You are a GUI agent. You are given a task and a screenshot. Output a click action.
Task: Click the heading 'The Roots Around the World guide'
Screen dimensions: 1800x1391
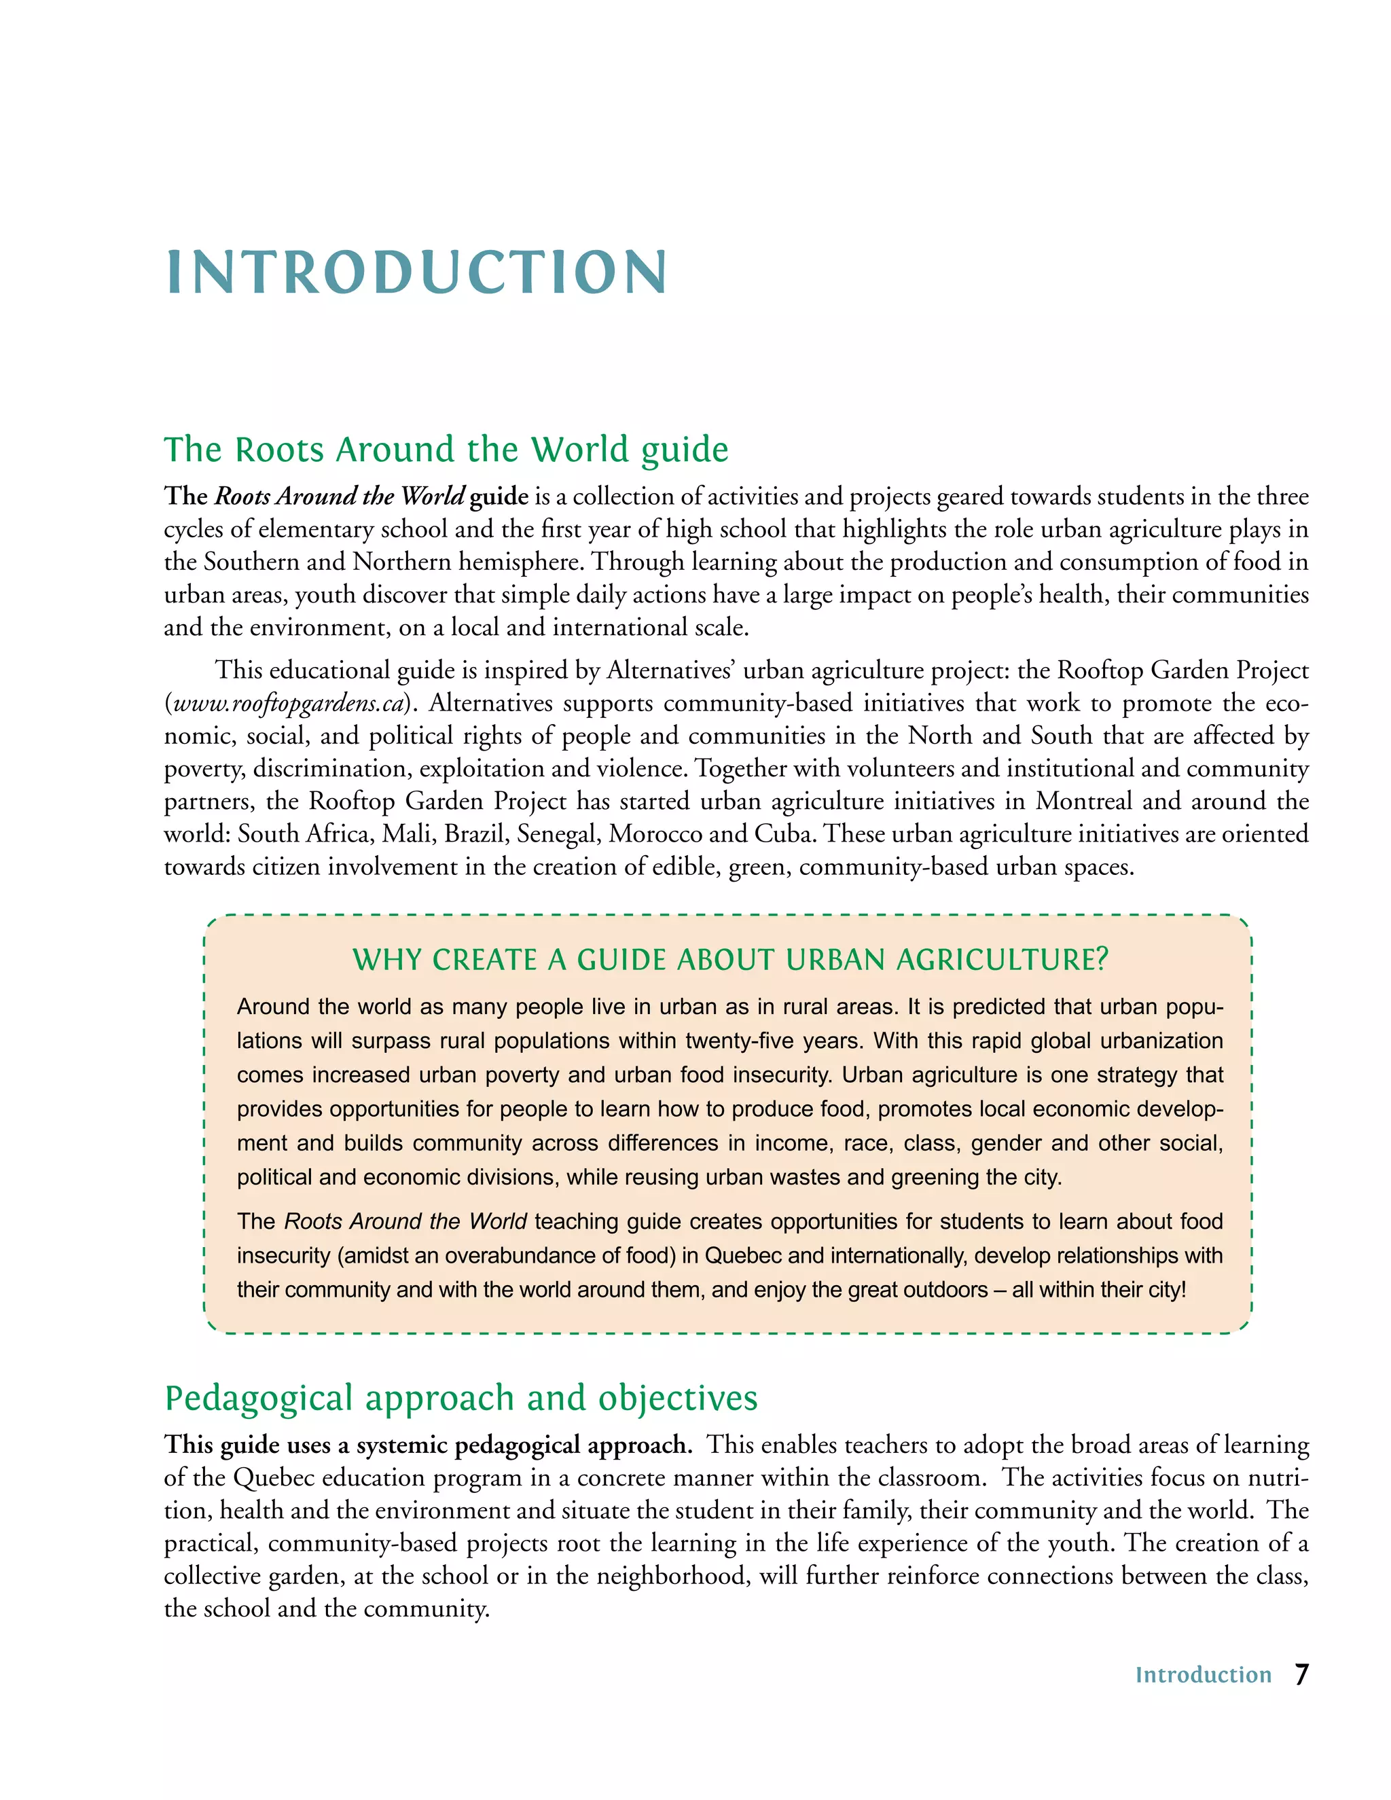coord(446,450)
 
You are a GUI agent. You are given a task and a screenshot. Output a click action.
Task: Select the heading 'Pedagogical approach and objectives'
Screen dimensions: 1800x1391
coord(460,1399)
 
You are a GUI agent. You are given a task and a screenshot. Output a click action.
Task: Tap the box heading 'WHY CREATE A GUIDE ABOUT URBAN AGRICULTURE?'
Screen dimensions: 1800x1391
coord(730,960)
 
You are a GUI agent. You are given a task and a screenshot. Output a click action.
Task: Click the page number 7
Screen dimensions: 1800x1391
coord(1301,1675)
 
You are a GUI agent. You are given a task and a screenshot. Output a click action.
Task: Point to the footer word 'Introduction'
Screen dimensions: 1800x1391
coord(1203,1676)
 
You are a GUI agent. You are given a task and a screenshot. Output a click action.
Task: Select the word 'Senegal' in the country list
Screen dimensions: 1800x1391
coord(559,834)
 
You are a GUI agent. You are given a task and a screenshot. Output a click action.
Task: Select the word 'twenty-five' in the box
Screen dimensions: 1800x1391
coord(741,1041)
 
